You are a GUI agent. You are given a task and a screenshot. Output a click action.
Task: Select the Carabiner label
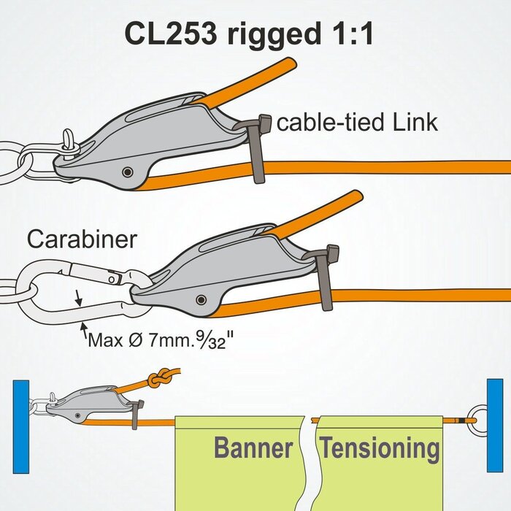(x=81, y=239)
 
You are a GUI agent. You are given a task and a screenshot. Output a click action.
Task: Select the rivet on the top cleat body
(x=128, y=172)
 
